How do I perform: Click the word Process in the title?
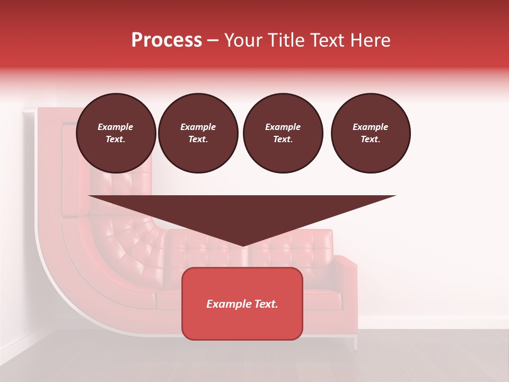click(x=166, y=40)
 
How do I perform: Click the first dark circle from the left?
click(x=116, y=133)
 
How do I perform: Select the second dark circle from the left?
click(x=198, y=133)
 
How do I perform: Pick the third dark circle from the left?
click(x=283, y=133)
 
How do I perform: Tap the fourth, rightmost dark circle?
click(x=370, y=133)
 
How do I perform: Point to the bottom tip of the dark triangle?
click(x=242, y=245)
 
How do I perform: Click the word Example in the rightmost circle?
click(x=370, y=127)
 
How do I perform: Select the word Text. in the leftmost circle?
click(x=116, y=140)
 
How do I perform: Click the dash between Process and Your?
click(x=213, y=40)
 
